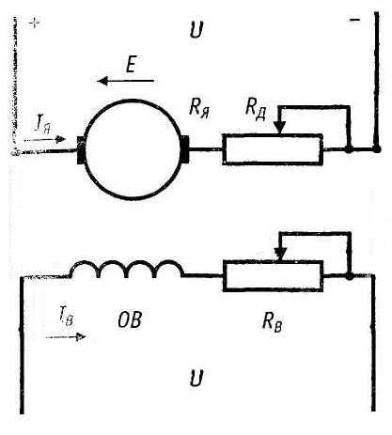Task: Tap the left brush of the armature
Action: point(81,150)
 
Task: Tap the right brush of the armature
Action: point(185,149)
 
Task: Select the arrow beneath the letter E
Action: point(126,81)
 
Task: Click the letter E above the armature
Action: point(132,65)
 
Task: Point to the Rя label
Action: point(199,108)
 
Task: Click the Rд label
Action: point(256,108)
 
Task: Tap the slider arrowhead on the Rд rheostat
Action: point(279,128)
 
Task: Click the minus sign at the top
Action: point(354,20)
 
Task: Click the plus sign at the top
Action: point(34,23)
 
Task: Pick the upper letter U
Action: point(196,29)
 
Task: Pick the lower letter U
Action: point(196,378)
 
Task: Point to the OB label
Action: point(130,319)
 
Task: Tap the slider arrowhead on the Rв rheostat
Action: point(280,254)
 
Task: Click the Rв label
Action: point(272,322)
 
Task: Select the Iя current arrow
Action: point(45,139)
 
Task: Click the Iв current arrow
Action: point(66,337)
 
